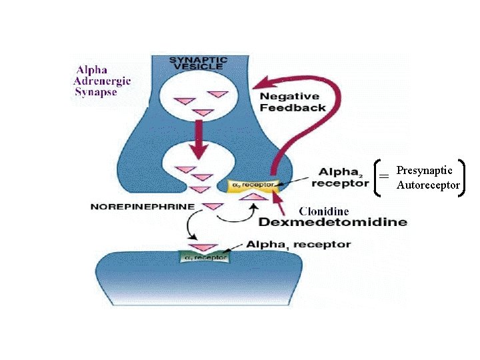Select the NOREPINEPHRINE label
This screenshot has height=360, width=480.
(143, 207)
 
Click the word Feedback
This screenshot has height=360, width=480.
(293, 107)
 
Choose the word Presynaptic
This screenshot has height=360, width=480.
(424, 171)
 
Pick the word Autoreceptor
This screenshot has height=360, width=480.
(428, 185)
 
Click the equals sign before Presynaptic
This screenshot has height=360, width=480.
(384, 177)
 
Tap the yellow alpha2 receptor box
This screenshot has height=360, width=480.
(250, 184)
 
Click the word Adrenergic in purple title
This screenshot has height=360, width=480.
(102, 80)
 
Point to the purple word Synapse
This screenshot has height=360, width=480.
(95, 92)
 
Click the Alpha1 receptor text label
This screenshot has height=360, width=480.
(298, 245)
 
